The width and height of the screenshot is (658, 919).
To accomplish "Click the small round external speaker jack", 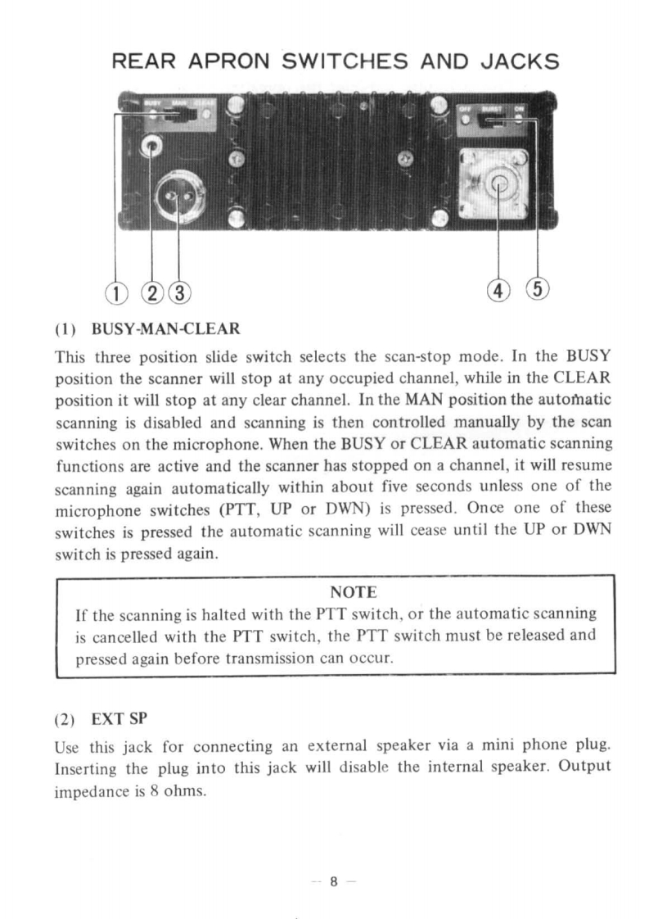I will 153,147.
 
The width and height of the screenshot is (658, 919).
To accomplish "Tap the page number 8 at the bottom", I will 333,882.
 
